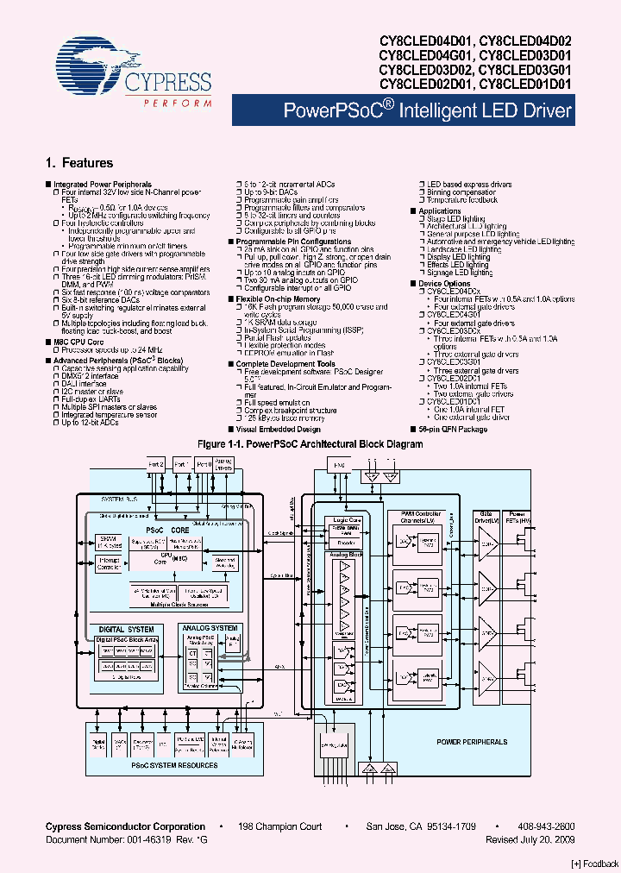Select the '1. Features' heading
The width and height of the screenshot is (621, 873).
click(x=78, y=163)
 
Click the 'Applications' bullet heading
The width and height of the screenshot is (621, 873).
click(x=440, y=211)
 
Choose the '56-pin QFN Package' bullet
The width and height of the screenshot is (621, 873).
click(x=453, y=429)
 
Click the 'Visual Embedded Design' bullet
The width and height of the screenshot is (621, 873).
click(x=278, y=429)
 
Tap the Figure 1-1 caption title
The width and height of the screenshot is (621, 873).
click(x=310, y=444)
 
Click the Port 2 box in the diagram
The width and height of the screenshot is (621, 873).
click(x=156, y=464)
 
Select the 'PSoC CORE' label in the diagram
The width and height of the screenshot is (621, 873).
click(x=167, y=530)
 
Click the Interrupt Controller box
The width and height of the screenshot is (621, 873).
click(x=110, y=565)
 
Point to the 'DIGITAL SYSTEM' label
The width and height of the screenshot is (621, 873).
click(x=128, y=630)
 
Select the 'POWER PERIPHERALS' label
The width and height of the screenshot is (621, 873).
click(x=472, y=742)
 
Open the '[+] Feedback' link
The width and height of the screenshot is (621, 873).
click(x=595, y=864)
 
